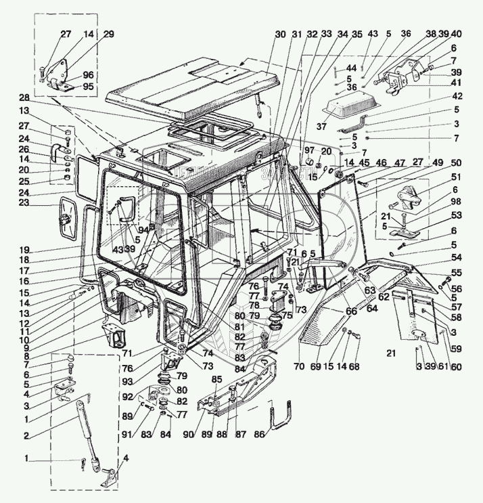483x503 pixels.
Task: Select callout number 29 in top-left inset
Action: (108, 34)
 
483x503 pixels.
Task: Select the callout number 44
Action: (352, 68)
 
